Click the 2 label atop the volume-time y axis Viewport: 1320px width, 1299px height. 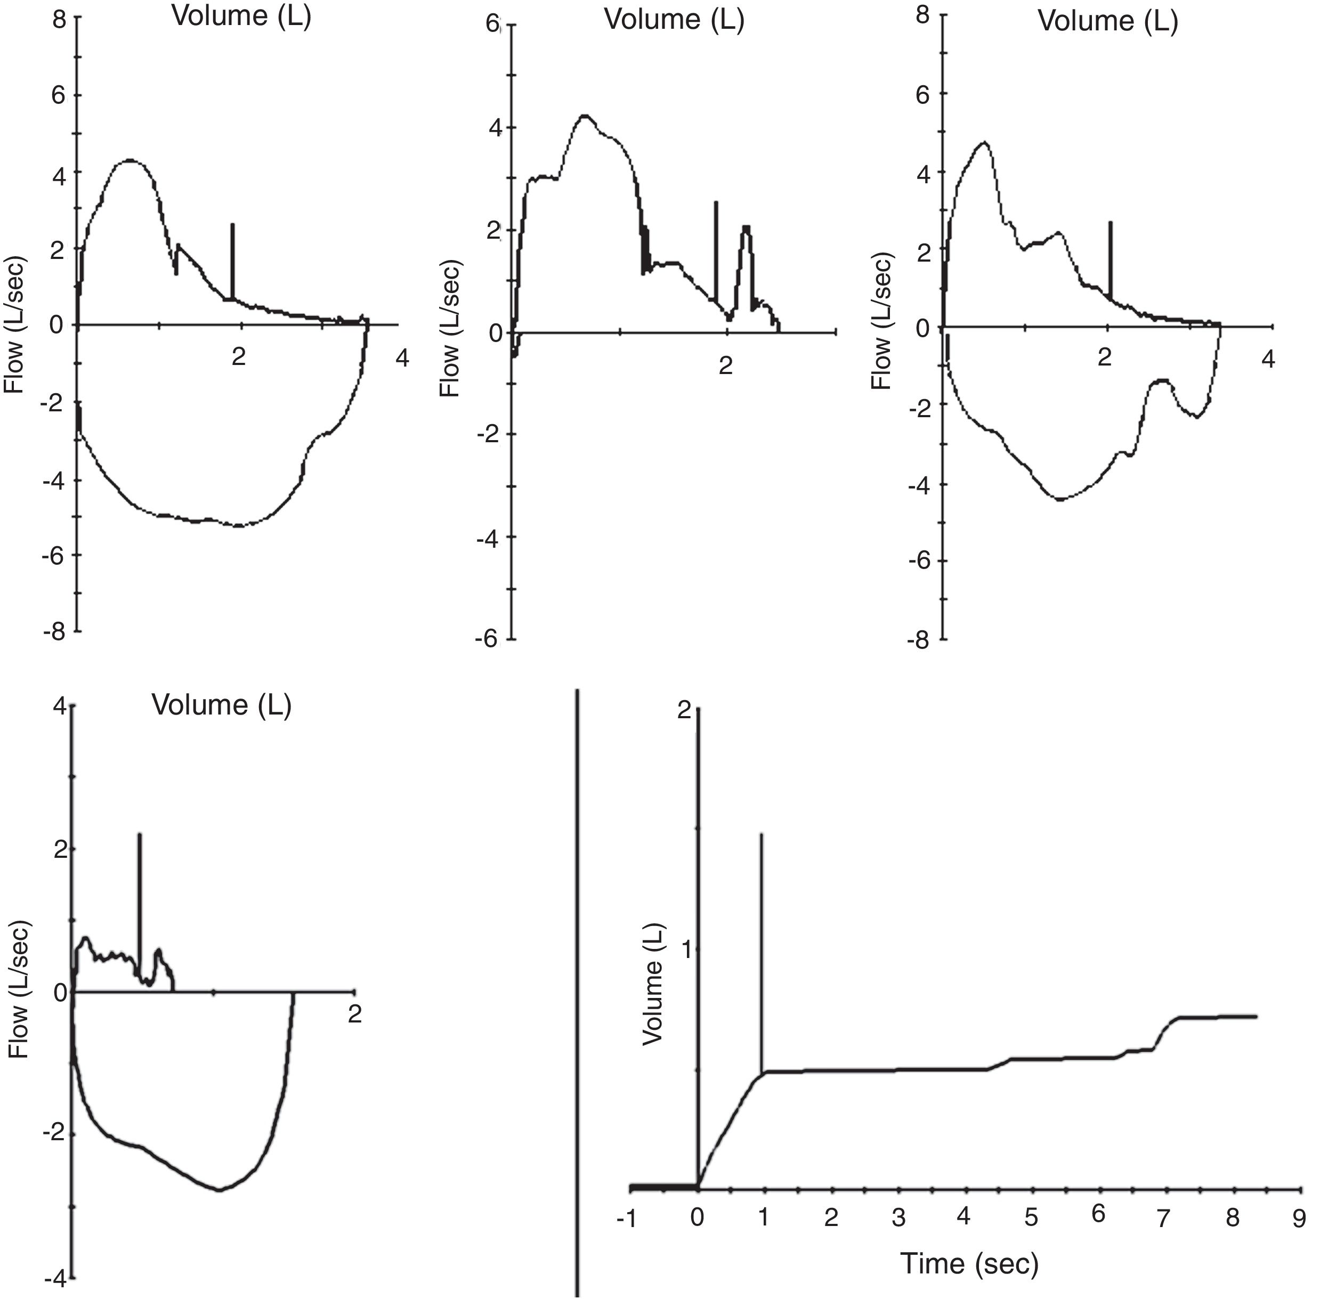(684, 711)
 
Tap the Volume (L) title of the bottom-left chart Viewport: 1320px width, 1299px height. (221, 705)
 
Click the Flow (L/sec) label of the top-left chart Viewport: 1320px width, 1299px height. (14, 325)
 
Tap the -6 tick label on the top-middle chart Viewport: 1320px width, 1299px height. (487, 639)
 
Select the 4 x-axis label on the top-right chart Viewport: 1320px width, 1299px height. (1267, 359)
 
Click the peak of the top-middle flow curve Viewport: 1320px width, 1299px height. (584, 115)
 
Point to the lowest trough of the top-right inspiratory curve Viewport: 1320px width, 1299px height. (1059, 499)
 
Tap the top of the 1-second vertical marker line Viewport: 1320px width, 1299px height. (761, 834)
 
